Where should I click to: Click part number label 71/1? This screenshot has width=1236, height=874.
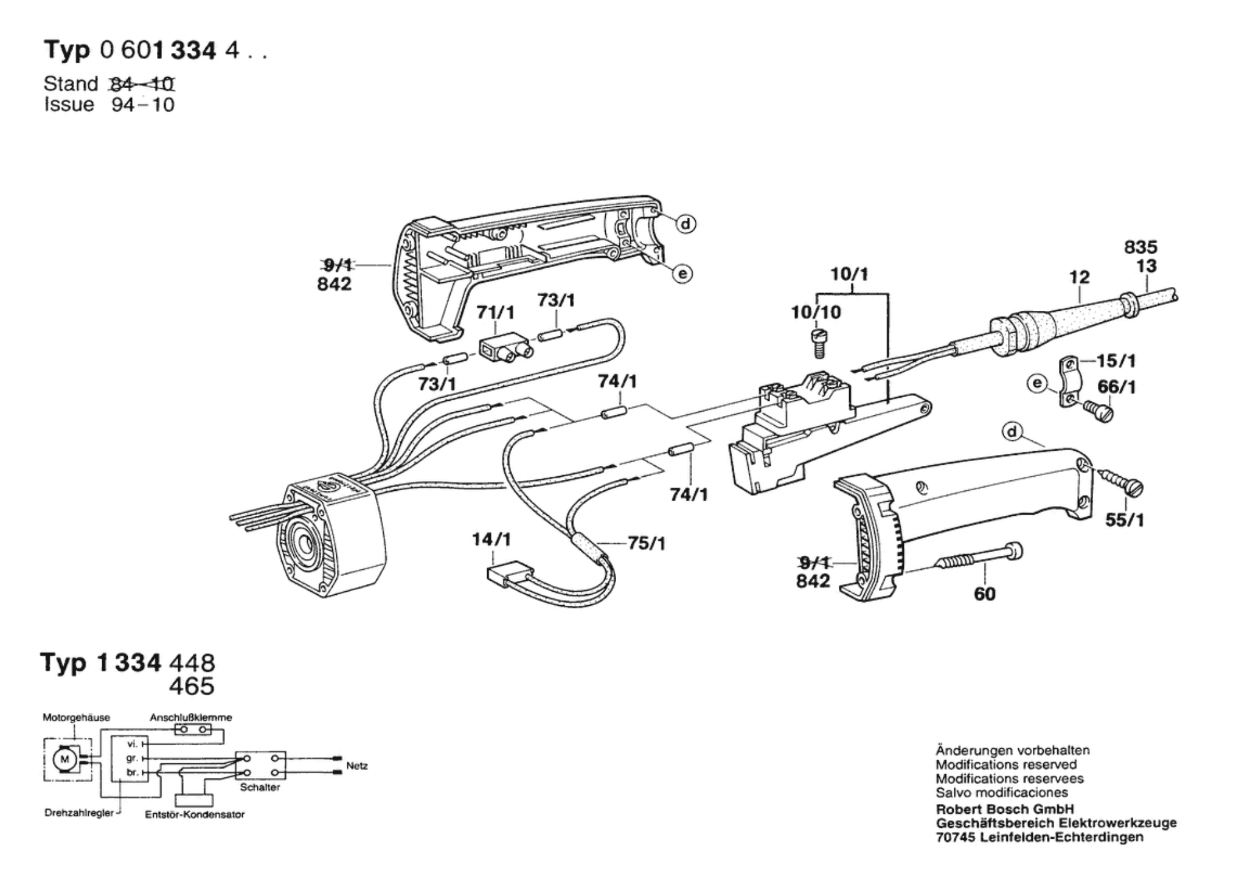pos(495,313)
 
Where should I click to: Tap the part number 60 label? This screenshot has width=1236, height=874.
pos(984,594)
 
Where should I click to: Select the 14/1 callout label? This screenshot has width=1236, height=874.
pos(491,540)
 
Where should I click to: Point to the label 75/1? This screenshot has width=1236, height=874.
pos(646,543)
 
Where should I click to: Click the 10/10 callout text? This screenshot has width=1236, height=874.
pos(816,313)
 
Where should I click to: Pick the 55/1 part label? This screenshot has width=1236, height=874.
pos(1124,521)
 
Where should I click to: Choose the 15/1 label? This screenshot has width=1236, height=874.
pos(1116,361)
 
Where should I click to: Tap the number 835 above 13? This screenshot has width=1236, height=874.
pos(1141,247)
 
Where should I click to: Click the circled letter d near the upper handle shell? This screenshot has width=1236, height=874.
pos(686,224)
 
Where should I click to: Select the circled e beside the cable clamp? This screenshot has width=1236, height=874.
pos(1037,384)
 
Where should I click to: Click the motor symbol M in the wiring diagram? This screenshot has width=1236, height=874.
pos(63,759)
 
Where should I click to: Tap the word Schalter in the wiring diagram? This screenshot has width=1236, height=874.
pos(260,787)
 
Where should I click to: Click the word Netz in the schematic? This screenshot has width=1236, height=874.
pos(356,766)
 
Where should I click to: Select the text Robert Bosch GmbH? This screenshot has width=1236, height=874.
pos(1004,809)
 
